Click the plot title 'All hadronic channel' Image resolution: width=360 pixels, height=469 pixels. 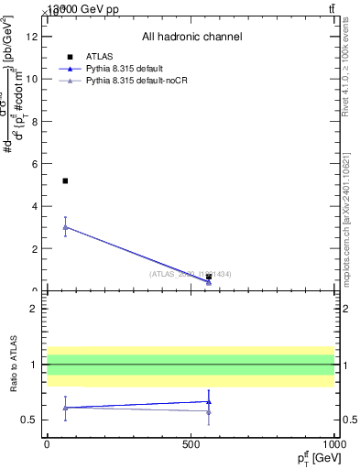pos(191,37)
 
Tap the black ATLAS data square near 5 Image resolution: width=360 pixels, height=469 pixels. pos(65,181)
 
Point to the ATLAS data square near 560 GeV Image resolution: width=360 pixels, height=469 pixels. pos(209,277)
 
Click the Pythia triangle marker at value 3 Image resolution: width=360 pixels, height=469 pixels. pos(65,227)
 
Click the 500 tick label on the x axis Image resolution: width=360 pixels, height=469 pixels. pos(191,444)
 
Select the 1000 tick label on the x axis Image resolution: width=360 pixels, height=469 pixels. pos(333,444)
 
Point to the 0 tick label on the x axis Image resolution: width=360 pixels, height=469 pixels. pos(47,444)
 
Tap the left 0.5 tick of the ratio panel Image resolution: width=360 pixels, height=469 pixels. pos(30,420)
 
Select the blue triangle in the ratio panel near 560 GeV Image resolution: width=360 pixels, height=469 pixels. pos(209,400)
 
